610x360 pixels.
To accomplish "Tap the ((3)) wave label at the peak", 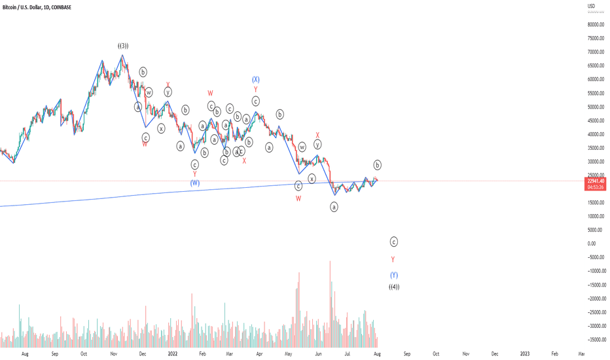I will (x=123, y=46).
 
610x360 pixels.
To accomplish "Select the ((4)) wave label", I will (x=394, y=287).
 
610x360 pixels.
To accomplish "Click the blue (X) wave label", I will (x=256, y=79).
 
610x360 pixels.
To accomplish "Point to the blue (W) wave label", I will (x=195, y=183).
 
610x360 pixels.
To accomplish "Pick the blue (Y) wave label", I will (x=394, y=275).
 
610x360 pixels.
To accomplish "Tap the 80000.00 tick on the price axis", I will (x=594, y=24).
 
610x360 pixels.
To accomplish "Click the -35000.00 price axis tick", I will (x=594, y=340).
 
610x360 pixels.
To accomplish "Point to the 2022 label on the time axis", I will (x=172, y=353).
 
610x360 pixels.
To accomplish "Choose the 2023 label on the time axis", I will (x=525, y=353).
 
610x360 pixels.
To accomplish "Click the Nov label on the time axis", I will (x=113, y=353).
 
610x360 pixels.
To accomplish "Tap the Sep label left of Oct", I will (x=55, y=353).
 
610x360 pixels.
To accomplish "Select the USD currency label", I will (x=591, y=7).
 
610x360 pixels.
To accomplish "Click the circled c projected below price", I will (x=394, y=242).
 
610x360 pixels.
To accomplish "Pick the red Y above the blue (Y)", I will (x=393, y=260).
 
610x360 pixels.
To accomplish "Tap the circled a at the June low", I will (x=334, y=207).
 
